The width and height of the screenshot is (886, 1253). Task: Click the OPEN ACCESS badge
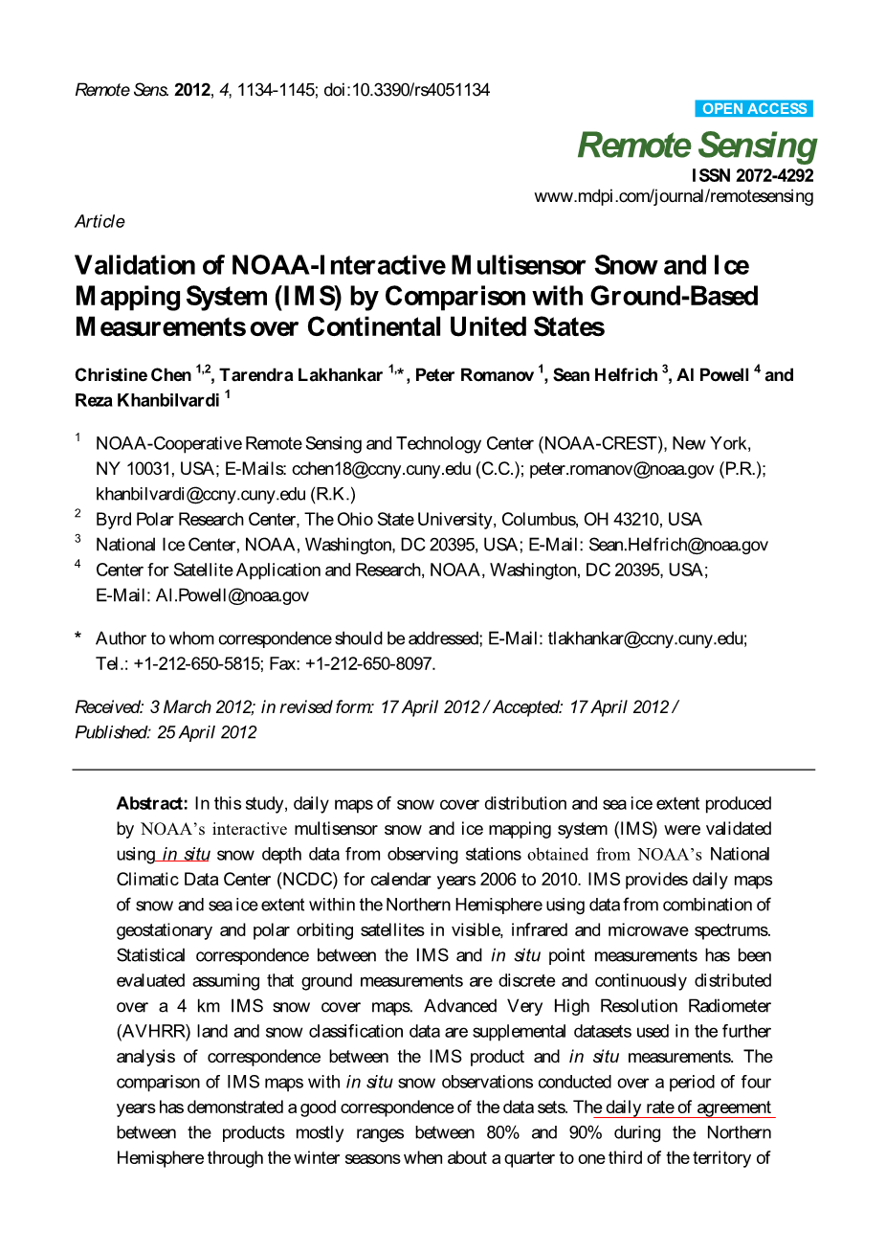point(754,109)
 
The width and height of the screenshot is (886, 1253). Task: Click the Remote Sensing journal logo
point(697,145)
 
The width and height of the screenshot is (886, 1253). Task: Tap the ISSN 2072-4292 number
point(752,175)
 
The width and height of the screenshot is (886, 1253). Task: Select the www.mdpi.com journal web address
point(674,196)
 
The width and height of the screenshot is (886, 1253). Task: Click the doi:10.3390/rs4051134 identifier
point(407,90)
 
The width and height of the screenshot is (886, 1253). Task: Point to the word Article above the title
point(100,221)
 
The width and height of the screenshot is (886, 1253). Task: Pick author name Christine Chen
point(133,375)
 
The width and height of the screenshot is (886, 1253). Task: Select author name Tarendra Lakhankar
point(300,375)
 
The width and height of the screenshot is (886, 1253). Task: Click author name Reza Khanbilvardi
point(146,400)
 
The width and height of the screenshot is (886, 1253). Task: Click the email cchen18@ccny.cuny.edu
point(381,469)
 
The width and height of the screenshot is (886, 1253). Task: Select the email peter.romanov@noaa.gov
point(621,469)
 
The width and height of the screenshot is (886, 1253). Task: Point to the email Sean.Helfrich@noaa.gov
point(678,545)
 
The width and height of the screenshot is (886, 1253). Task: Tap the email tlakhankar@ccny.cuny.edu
point(646,638)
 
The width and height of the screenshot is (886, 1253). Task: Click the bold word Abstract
point(152,803)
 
